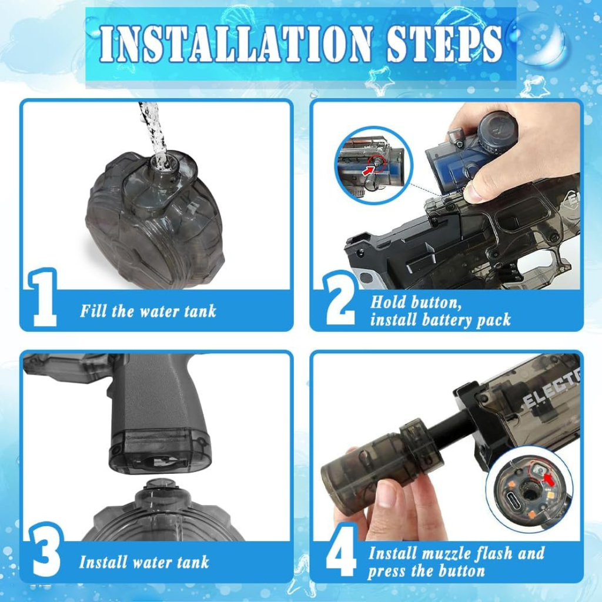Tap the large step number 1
42,298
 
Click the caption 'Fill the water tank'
148,311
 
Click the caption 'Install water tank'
144,562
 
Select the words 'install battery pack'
440,320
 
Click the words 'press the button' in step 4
426,571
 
